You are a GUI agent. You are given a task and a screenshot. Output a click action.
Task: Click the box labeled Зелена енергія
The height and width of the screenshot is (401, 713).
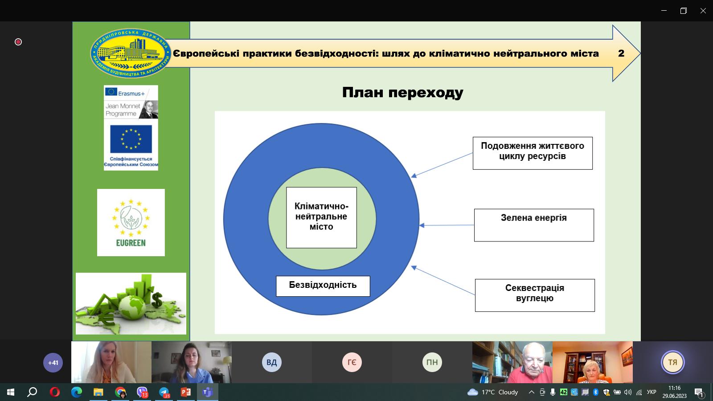click(x=533, y=225)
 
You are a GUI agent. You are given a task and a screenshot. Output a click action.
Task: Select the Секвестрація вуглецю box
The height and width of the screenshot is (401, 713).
click(x=534, y=295)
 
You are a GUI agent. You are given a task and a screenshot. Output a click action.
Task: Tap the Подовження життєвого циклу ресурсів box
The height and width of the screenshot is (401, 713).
click(x=532, y=153)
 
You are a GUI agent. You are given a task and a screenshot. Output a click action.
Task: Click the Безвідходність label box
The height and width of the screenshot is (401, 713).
click(x=323, y=286)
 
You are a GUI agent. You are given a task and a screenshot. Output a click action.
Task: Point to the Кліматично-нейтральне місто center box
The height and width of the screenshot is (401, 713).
click(x=321, y=217)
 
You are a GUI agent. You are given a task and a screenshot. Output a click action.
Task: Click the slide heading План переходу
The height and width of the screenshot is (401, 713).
click(x=402, y=92)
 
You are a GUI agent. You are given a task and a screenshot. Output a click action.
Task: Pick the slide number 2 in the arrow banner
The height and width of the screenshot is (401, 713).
click(x=621, y=53)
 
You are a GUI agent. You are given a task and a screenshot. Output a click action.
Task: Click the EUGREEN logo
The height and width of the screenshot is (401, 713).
click(x=131, y=222)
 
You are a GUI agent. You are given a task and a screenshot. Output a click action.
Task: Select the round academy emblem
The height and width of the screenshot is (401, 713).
click(x=130, y=53)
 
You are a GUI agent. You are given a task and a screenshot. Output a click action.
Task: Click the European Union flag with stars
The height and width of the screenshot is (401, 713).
click(x=131, y=139)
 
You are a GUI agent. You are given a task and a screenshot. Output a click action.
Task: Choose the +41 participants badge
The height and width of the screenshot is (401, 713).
click(x=53, y=363)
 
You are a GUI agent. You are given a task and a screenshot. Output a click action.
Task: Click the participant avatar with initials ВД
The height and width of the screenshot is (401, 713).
click(x=271, y=362)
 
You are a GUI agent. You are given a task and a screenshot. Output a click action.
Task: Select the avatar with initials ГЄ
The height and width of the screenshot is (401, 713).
click(x=352, y=362)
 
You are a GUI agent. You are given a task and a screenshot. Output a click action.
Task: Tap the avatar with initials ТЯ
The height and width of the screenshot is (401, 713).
click(x=672, y=362)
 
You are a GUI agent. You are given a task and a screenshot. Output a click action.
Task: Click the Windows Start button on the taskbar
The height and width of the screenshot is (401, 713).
click(x=11, y=392)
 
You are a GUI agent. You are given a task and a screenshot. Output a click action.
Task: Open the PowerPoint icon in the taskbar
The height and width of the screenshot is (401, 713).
click(x=185, y=392)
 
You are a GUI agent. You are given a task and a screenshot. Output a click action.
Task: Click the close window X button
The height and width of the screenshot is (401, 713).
click(x=703, y=11)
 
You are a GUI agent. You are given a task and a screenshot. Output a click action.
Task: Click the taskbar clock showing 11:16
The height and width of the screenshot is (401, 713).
click(x=674, y=392)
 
